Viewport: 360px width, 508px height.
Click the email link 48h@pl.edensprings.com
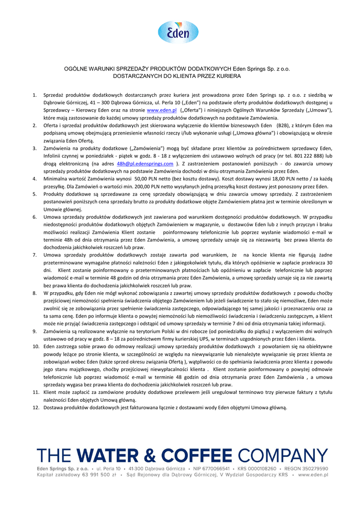click(145, 163)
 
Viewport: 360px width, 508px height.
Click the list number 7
click(34, 255)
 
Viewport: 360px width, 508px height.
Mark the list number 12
click(35, 407)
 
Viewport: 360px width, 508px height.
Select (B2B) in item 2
click(284, 125)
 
